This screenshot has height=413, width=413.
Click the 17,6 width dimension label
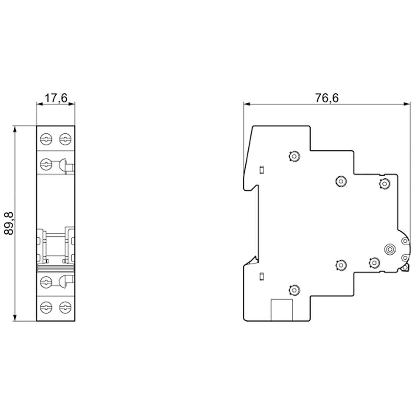[56, 98]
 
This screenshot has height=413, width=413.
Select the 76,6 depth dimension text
[327, 98]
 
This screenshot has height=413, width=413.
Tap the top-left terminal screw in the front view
[46, 139]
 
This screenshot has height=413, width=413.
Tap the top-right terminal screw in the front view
[65, 139]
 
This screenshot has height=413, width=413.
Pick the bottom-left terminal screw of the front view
[46, 307]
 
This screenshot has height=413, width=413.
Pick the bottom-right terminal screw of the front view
[65, 307]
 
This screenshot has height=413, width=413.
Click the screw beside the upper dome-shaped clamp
[46, 164]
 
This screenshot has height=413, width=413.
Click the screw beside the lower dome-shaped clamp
[46, 282]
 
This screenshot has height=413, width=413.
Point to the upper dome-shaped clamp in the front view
[63, 165]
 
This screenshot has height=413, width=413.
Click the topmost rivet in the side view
[294, 157]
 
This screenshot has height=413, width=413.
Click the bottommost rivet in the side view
[294, 290]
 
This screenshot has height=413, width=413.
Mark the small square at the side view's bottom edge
[282, 310]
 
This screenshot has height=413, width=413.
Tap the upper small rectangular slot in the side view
[261, 170]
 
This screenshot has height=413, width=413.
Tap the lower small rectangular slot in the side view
[261, 277]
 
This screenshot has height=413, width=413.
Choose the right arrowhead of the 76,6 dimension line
[406, 104]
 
